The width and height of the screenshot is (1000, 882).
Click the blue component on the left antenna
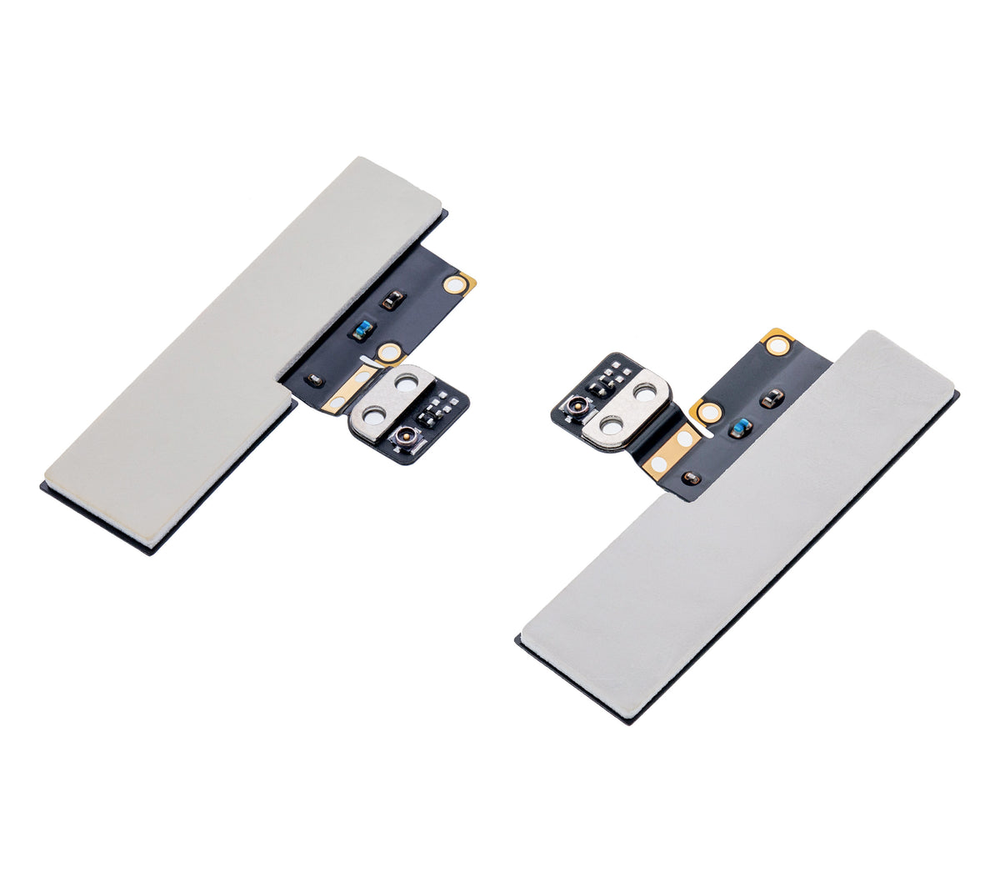coord(360,330)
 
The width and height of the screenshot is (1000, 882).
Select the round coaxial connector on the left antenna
coord(406,435)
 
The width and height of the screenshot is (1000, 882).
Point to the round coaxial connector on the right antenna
coord(574,408)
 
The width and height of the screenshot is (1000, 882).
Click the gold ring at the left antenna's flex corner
coord(455,284)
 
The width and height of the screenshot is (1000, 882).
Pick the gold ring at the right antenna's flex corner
coord(777,342)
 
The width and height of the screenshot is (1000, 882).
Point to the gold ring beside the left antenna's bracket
coord(387,353)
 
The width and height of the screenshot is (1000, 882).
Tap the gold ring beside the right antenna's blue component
coord(709,413)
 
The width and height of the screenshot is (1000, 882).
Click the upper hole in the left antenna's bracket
coord(407,383)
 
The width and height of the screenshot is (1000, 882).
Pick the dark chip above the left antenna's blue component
coord(389,300)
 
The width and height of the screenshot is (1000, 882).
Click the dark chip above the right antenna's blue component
coord(772,398)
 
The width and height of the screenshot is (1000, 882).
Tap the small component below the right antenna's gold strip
coord(688,478)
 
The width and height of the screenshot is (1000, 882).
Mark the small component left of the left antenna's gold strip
coord(313,380)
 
